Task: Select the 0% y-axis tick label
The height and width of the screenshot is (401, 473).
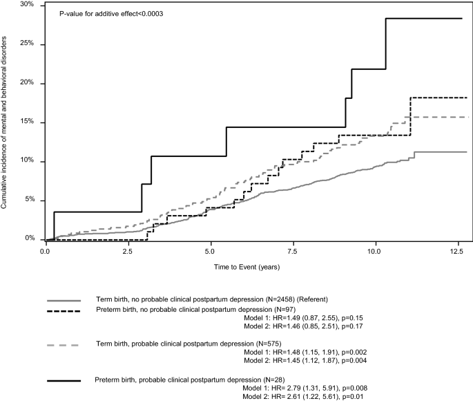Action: (30, 239)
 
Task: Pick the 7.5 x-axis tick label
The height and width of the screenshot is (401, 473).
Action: (293, 251)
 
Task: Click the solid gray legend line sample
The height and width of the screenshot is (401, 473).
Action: (64, 301)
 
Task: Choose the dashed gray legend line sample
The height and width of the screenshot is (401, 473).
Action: (64, 344)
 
